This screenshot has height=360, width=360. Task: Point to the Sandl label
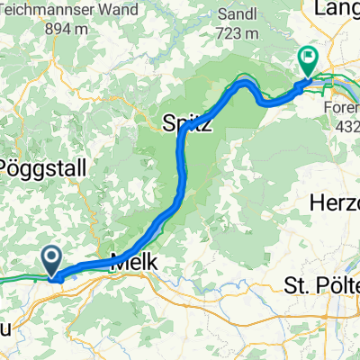240,14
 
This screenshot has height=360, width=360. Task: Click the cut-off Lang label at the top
337,8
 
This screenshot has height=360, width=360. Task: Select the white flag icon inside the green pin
308,58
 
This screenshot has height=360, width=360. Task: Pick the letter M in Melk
116,264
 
